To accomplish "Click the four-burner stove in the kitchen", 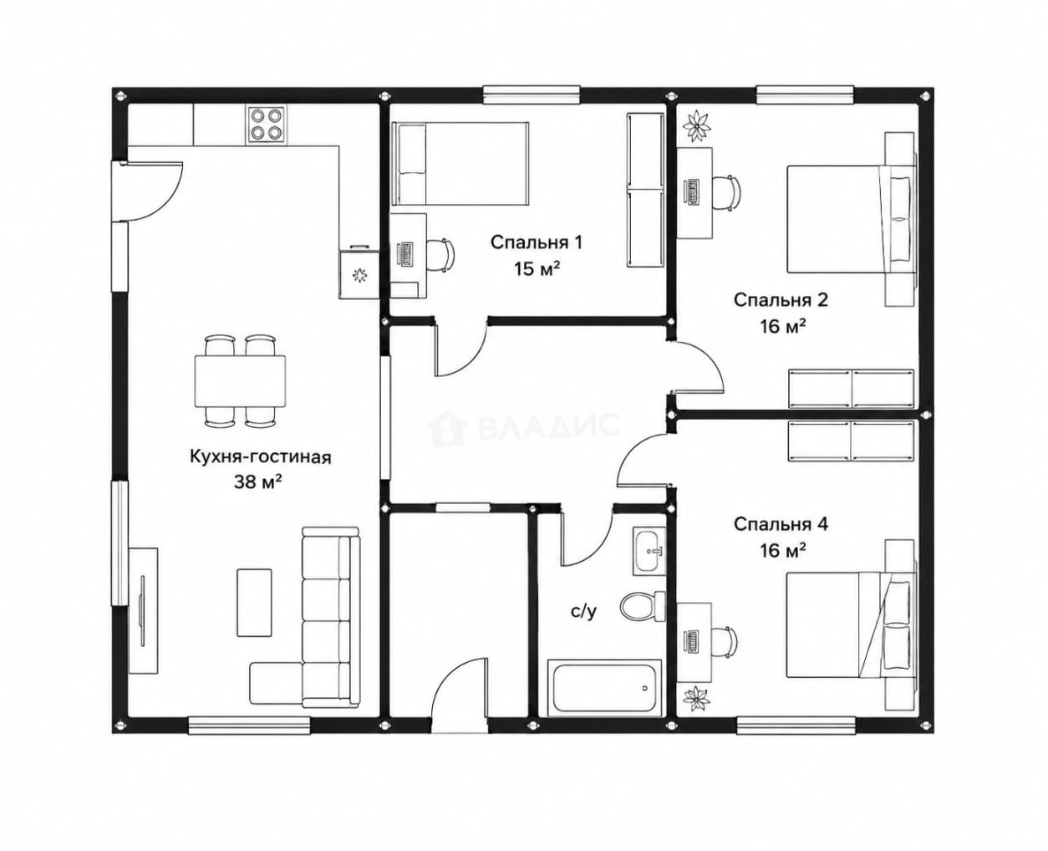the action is point(266,125).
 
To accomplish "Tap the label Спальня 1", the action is point(537,242).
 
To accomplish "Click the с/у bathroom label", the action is point(583,612).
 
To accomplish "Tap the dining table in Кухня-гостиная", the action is point(240,381).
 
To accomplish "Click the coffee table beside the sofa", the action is point(254,603).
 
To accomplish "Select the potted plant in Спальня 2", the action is point(697,126).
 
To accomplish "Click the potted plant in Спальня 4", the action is point(696,698).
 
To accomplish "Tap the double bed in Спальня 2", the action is point(852,219).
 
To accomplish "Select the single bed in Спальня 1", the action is point(460,164).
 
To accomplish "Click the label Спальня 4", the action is point(781,524).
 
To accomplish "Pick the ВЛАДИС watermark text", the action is point(548,425).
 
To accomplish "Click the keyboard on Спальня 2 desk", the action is point(691,193).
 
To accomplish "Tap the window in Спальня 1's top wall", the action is point(532,95).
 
